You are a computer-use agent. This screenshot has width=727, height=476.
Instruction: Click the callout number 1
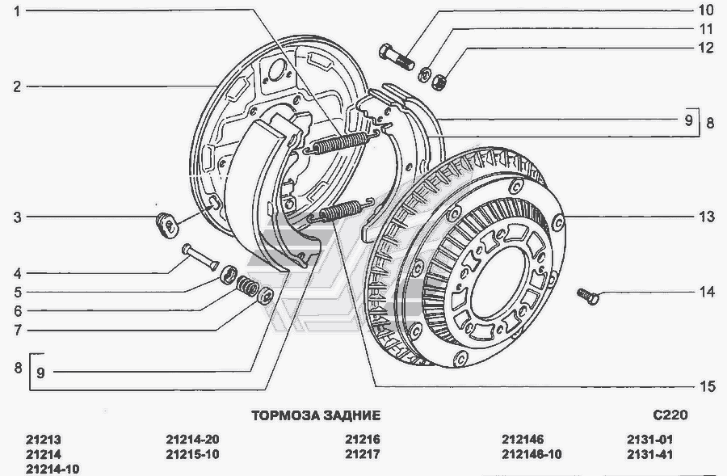pyautogui.click(x=17, y=11)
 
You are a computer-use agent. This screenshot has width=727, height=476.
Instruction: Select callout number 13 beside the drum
pyautogui.click(x=707, y=217)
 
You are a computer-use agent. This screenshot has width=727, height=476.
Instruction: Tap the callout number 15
pyautogui.click(x=707, y=386)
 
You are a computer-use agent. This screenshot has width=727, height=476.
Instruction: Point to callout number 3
pyautogui.click(x=17, y=217)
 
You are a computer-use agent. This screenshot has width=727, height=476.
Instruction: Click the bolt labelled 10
pyautogui.click(x=397, y=57)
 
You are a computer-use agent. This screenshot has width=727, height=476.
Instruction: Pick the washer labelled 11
pyautogui.click(x=424, y=74)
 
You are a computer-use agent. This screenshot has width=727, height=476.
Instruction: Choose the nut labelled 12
pyautogui.click(x=438, y=82)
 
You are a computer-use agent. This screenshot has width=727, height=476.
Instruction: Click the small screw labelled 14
pyautogui.click(x=588, y=296)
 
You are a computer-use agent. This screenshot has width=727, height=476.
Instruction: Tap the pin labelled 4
pyautogui.click(x=200, y=257)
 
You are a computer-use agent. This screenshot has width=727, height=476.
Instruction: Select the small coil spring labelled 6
pyautogui.click(x=246, y=285)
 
